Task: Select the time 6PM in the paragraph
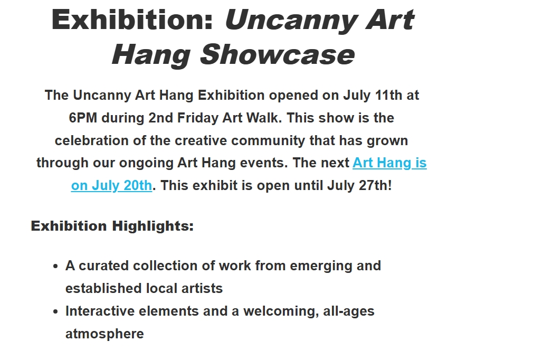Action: point(83,118)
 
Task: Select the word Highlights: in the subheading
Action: point(152,226)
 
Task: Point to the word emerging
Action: point(305,266)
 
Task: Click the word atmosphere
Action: point(104,334)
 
